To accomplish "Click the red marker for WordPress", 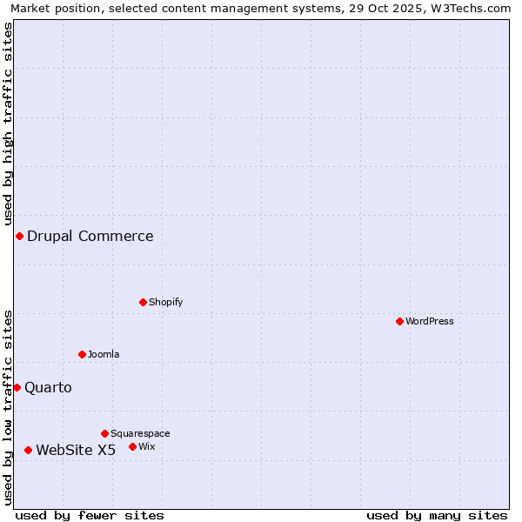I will pos(399,321).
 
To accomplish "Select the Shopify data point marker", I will pos(143,302).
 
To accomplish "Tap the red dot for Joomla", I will pos(82,354).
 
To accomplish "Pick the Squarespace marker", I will pos(104,433).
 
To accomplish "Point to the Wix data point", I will pos(132,446).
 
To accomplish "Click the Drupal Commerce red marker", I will pos(19,236).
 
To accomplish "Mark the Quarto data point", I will pos(17,387).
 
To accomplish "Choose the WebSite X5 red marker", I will pos(28,450).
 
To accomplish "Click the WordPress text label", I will pos(430,321).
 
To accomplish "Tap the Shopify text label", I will pos(165,302).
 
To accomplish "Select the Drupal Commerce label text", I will pos(90,236).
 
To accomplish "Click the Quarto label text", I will pos(48,387).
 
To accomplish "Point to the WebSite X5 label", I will pos(76,450).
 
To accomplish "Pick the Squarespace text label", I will pos(140,433).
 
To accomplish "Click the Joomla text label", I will pos(104,354).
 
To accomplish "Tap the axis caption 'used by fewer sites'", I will pos(90,515).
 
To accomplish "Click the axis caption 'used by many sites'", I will pos(437,515).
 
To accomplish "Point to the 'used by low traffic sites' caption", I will pos(9,407).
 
